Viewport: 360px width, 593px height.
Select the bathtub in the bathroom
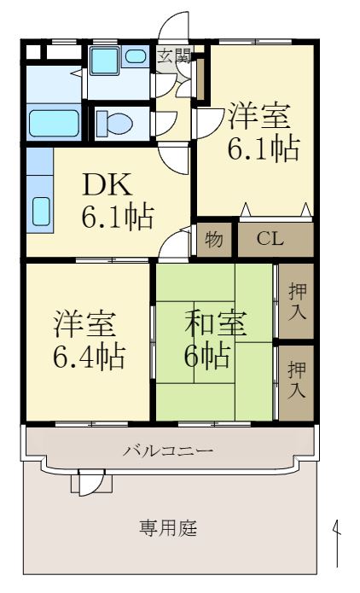pyautogui.click(x=54, y=121)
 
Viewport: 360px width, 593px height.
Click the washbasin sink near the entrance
pyautogui.click(x=135, y=58)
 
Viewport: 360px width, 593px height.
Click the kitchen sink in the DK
pyautogui.click(x=40, y=211)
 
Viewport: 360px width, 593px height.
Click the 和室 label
pyautogui.click(x=217, y=324)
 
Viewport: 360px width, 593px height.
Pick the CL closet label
pyautogui.click(x=270, y=238)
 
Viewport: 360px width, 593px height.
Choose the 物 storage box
pyautogui.click(x=215, y=239)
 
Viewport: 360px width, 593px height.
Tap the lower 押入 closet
pyautogui.click(x=295, y=380)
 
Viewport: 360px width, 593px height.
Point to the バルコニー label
pyautogui.click(x=168, y=449)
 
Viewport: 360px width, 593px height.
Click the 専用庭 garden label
pyautogui.click(x=168, y=528)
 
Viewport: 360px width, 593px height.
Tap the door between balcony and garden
pyautogui.click(x=85, y=483)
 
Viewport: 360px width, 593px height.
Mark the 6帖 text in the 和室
pyautogui.click(x=207, y=355)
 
